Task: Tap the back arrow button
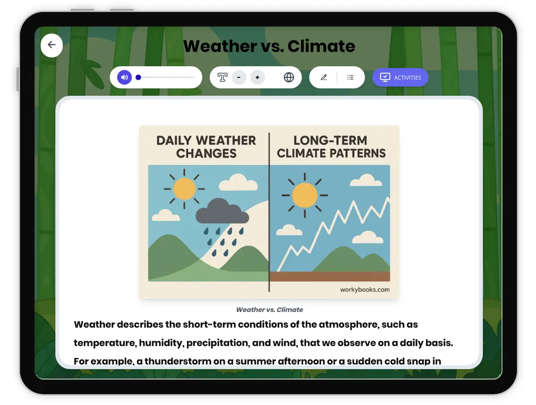[52, 45]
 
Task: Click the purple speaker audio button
[125, 77]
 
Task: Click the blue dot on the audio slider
[138, 77]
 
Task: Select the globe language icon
[289, 77]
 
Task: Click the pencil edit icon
[324, 77]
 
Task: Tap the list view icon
[350, 77]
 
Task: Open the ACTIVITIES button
[400, 77]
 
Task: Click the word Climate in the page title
[321, 46]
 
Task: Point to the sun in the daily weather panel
[184, 189]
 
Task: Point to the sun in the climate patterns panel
[305, 195]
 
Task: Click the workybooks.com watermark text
[364, 290]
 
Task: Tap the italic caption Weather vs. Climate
[269, 309]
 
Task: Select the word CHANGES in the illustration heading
[206, 153]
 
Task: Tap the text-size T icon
[222, 77]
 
